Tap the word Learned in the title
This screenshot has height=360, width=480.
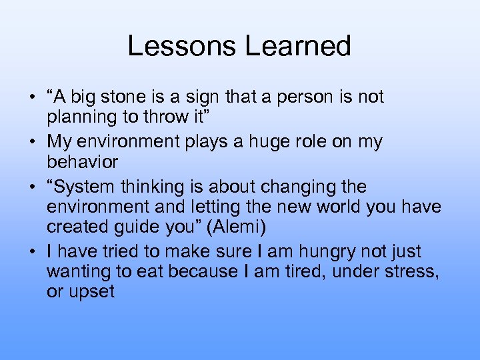297,46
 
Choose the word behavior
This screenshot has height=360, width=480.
82,162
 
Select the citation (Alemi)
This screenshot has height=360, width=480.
236,227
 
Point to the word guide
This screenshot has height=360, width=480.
145,227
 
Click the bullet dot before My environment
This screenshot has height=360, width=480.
32,142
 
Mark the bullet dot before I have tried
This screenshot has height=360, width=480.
32,251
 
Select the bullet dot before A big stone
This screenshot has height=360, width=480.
32,97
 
